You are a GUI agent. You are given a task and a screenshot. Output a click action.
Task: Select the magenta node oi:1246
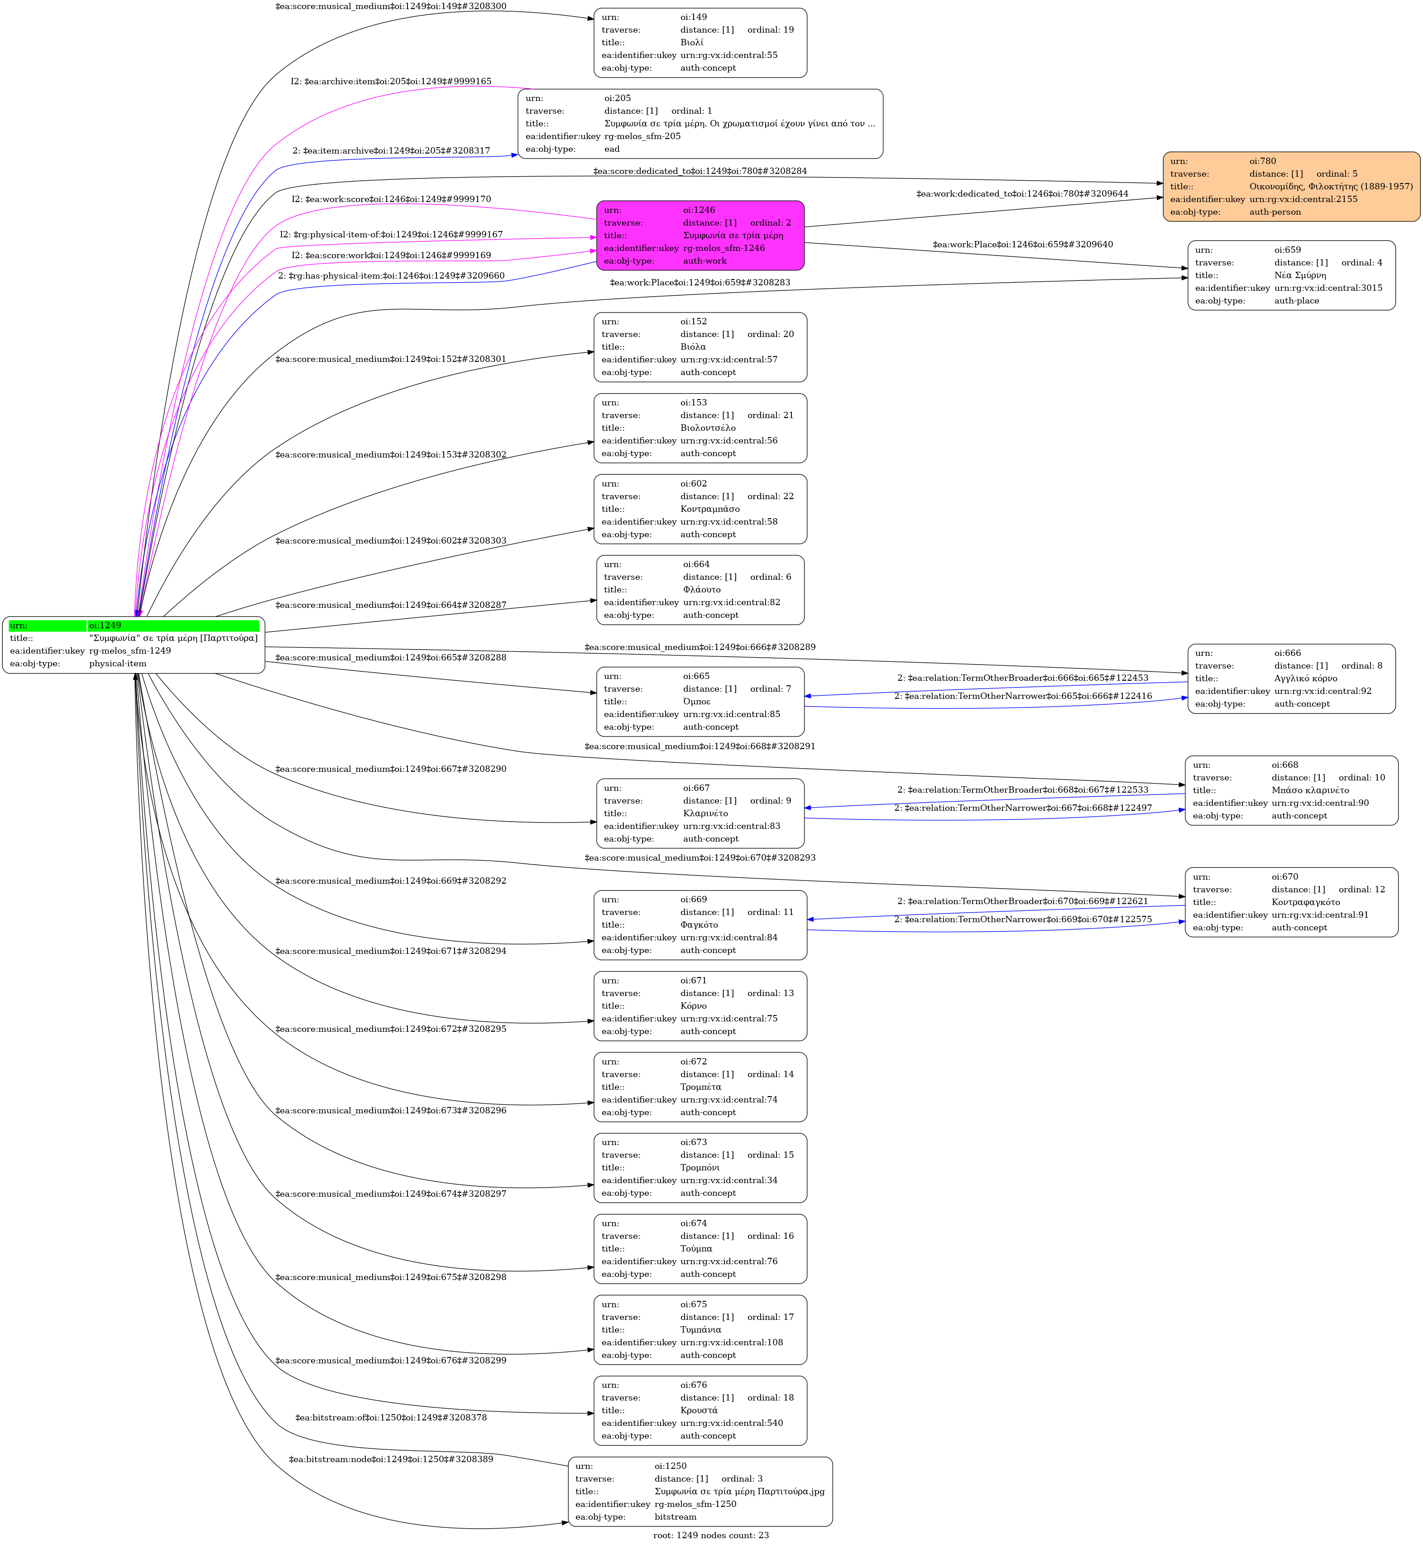(x=700, y=236)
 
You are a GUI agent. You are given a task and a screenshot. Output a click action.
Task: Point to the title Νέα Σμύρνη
(x=1300, y=275)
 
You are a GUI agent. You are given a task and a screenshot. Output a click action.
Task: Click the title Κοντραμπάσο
(x=710, y=509)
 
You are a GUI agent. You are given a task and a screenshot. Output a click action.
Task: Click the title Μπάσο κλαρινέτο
(x=1310, y=790)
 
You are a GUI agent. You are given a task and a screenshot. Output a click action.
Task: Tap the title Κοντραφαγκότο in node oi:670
(x=1305, y=902)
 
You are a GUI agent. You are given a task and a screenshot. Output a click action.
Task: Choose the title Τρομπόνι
(x=700, y=1168)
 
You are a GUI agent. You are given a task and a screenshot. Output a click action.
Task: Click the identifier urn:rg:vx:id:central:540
(x=732, y=1423)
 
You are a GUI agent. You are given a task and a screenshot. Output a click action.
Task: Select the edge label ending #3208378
(x=391, y=1418)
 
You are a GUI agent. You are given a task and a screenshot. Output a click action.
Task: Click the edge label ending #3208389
(x=391, y=1459)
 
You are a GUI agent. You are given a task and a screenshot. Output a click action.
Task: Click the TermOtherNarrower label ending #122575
(x=1023, y=919)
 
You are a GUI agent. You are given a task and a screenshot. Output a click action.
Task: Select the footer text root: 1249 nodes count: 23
(x=711, y=1535)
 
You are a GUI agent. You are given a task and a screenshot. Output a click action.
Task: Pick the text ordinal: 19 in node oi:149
(x=770, y=30)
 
